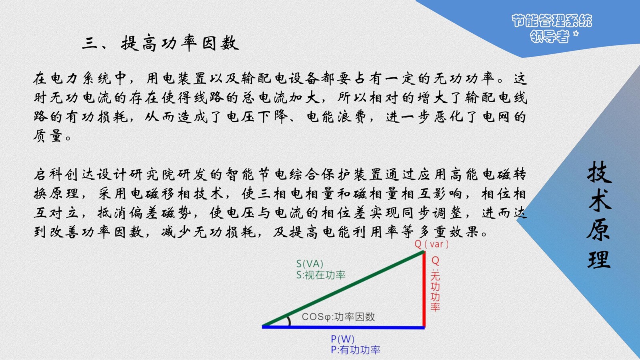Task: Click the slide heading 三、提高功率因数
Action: tap(160, 44)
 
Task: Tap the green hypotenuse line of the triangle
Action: tap(343, 288)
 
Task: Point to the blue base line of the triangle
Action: tap(344, 327)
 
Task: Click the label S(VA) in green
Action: tap(310, 264)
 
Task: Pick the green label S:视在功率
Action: tap(321, 275)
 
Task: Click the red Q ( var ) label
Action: tap(432, 244)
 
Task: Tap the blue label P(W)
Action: tap(342, 339)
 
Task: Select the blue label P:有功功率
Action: tap(356, 350)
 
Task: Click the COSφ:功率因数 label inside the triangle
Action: tap(338, 316)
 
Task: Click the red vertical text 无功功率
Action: tap(435, 291)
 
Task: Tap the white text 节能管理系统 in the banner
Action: tap(552, 20)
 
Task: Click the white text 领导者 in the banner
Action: tap(550, 36)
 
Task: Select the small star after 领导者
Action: tap(576, 34)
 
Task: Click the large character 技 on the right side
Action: tap(599, 172)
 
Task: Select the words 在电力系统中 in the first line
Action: tap(80, 78)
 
